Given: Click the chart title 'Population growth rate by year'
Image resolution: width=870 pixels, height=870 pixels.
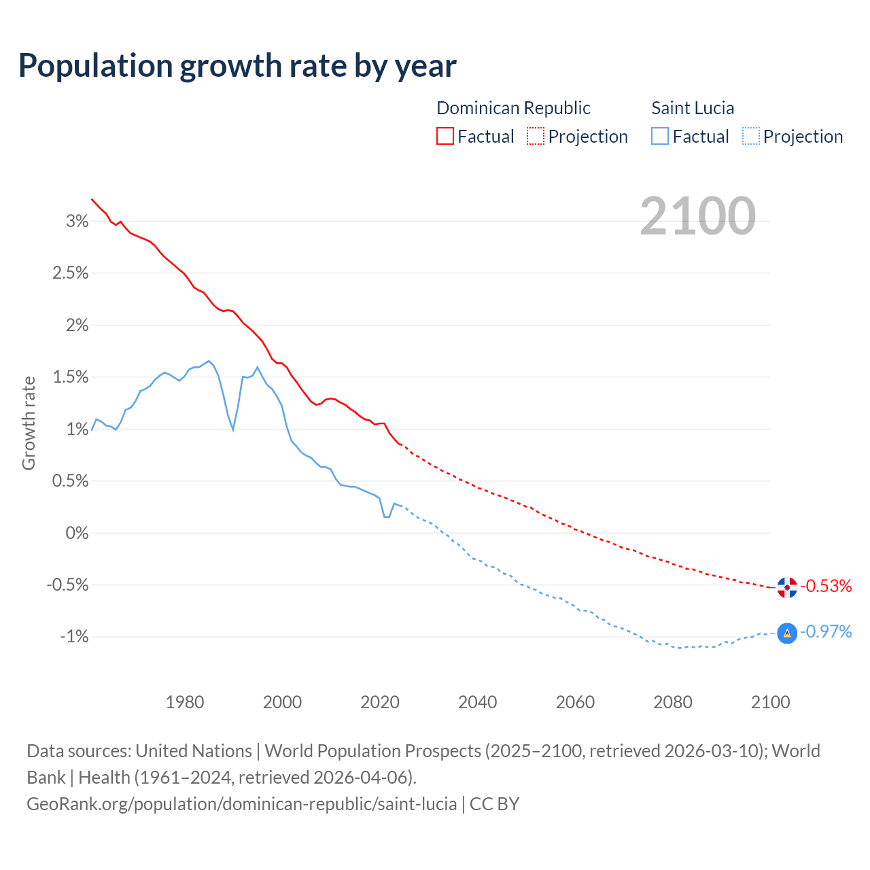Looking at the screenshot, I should [x=237, y=66].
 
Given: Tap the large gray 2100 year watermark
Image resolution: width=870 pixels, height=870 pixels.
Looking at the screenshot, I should [x=697, y=215].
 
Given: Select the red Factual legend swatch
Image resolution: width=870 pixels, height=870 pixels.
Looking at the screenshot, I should [x=445, y=136].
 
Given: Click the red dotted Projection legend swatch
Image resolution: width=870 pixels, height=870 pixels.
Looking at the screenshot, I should [x=536, y=136].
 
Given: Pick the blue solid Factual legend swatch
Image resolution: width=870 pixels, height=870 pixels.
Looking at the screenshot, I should [x=660, y=136].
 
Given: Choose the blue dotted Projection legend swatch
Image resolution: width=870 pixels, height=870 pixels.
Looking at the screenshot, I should [x=750, y=136].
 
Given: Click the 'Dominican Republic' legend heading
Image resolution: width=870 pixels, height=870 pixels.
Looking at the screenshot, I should [x=513, y=108].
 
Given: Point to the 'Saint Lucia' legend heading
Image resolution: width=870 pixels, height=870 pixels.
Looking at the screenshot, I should [x=693, y=108].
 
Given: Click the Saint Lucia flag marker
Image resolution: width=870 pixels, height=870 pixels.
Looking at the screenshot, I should [x=787, y=633].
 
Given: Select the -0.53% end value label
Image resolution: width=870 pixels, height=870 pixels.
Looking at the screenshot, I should [x=826, y=586].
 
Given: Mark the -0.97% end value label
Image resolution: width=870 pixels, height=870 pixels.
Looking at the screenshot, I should [x=826, y=632].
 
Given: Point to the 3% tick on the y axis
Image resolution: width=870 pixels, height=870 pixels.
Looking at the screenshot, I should [x=77, y=221].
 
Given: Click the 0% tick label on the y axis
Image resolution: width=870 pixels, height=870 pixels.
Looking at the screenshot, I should [x=77, y=533].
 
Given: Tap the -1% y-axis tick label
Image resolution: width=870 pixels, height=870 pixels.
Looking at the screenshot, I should [x=74, y=637].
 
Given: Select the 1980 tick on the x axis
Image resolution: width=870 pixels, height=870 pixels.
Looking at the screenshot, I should [x=185, y=702].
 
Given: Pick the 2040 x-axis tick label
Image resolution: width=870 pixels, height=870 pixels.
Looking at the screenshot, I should [x=478, y=702].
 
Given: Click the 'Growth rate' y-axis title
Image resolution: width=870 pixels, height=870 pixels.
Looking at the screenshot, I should [x=29, y=423].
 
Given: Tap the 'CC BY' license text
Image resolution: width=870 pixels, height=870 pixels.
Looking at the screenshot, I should [x=494, y=804].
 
